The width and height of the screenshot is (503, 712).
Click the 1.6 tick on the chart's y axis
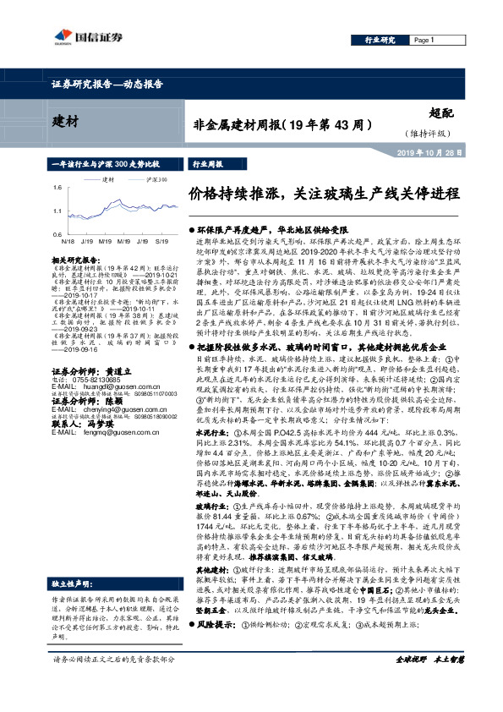tap(57, 187)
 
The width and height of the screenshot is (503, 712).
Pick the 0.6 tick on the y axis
tap(57, 233)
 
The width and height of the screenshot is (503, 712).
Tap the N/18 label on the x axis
tap(67, 243)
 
